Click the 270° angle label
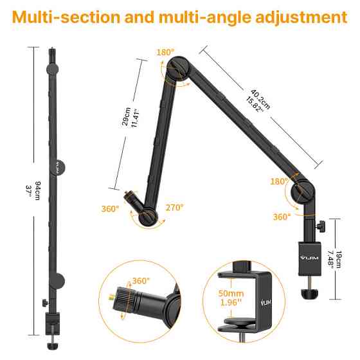pos(174,207)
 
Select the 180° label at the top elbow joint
pos(165,52)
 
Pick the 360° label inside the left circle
pos(141,281)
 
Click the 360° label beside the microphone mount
pos(111,208)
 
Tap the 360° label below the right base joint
pos(282,217)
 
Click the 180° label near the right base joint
pos(280,182)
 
